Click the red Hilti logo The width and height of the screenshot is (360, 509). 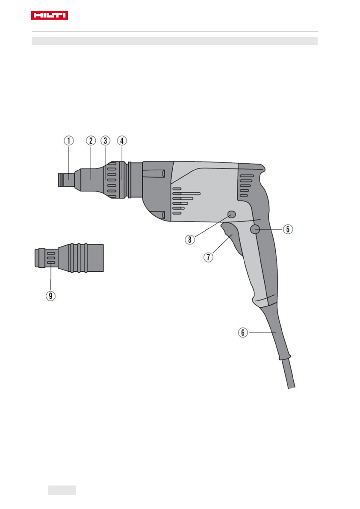click(x=49, y=15)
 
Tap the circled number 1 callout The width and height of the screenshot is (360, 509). click(x=68, y=141)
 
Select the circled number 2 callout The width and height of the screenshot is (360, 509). click(x=91, y=141)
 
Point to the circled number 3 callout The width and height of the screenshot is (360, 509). click(x=105, y=141)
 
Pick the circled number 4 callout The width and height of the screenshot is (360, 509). click(x=122, y=141)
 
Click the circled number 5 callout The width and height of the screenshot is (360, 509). click(x=288, y=229)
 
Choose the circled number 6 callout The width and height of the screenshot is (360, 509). click(x=243, y=332)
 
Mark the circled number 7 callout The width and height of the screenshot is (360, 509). click(x=208, y=257)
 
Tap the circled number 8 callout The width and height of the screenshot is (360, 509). click(x=189, y=240)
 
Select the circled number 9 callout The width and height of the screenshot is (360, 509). click(x=50, y=296)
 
